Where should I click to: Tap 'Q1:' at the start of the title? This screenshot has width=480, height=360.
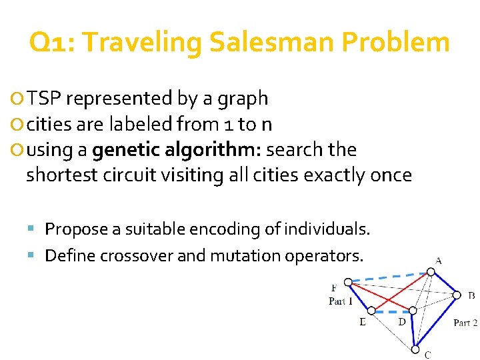point(52,43)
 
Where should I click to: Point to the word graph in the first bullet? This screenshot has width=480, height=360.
point(244,99)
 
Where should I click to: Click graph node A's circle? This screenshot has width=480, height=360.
point(431,272)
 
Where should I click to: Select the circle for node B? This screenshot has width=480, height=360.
point(457,294)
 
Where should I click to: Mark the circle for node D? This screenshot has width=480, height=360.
point(413,311)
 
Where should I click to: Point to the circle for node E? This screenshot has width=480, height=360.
point(371,311)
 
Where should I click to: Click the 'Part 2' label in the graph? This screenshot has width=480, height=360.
point(465,323)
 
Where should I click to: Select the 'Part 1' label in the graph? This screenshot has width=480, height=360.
point(341,301)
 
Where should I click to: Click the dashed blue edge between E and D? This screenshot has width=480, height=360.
point(391,311)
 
